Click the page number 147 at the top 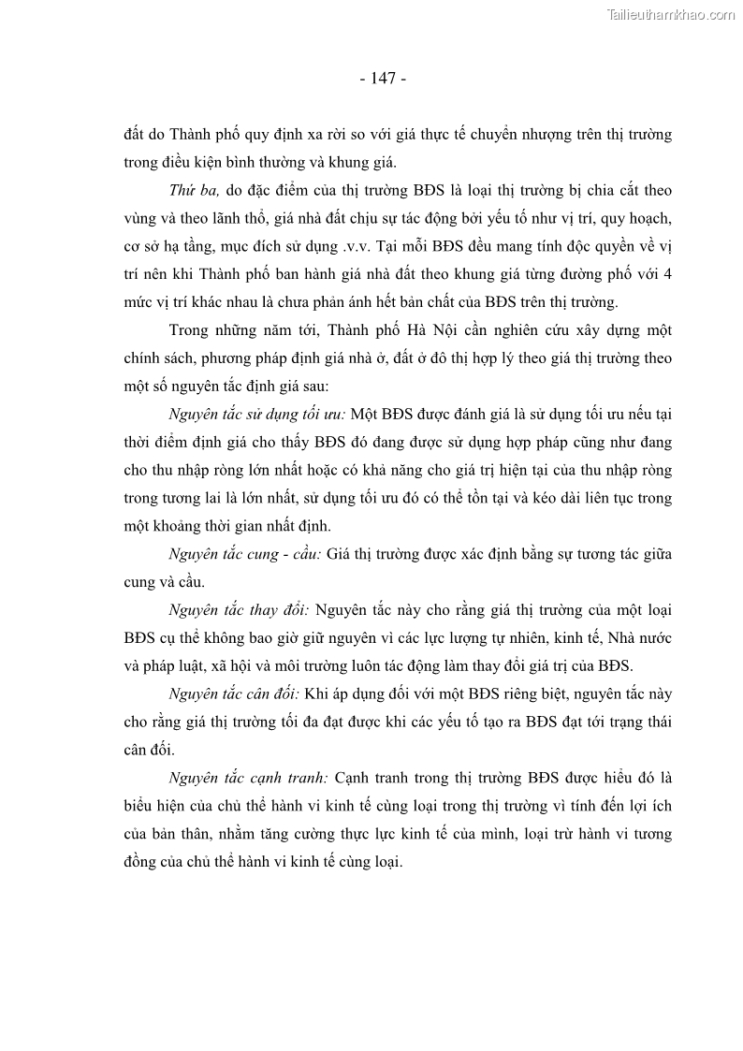click(382, 79)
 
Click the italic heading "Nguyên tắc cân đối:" click(233, 695)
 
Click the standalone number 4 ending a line click(667, 275)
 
